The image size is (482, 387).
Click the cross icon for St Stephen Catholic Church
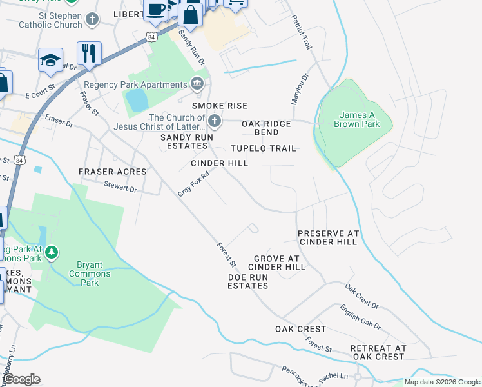(x=92, y=19)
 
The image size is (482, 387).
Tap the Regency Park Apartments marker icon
(x=197, y=84)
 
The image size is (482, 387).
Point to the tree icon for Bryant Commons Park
(x=52, y=252)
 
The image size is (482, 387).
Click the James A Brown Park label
(x=356, y=119)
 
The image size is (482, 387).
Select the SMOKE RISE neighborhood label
(x=220, y=105)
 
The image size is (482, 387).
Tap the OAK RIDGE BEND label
(x=266, y=128)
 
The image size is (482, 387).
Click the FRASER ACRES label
(x=112, y=172)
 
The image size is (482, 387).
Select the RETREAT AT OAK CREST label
(x=378, y=352)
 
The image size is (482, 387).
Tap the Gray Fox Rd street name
(x=194, y=184)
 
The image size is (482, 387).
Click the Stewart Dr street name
(x=120, y=188)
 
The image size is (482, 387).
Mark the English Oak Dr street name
(x=361, y=317)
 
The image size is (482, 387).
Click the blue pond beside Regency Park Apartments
(x=136, y=100)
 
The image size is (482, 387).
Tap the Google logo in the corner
(x=22, y=380)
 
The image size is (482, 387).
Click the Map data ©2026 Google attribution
(x=442, y=382)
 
